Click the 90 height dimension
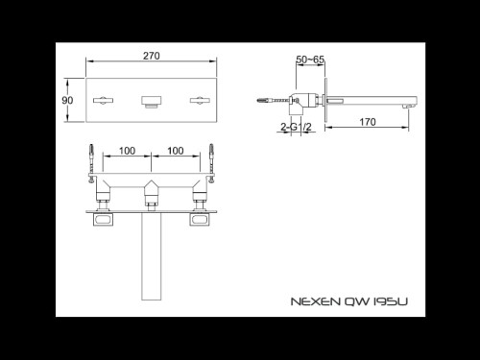67,101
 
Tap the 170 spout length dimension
367,123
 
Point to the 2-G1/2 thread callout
294,126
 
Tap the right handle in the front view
200,99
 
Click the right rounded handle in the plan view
200,220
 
